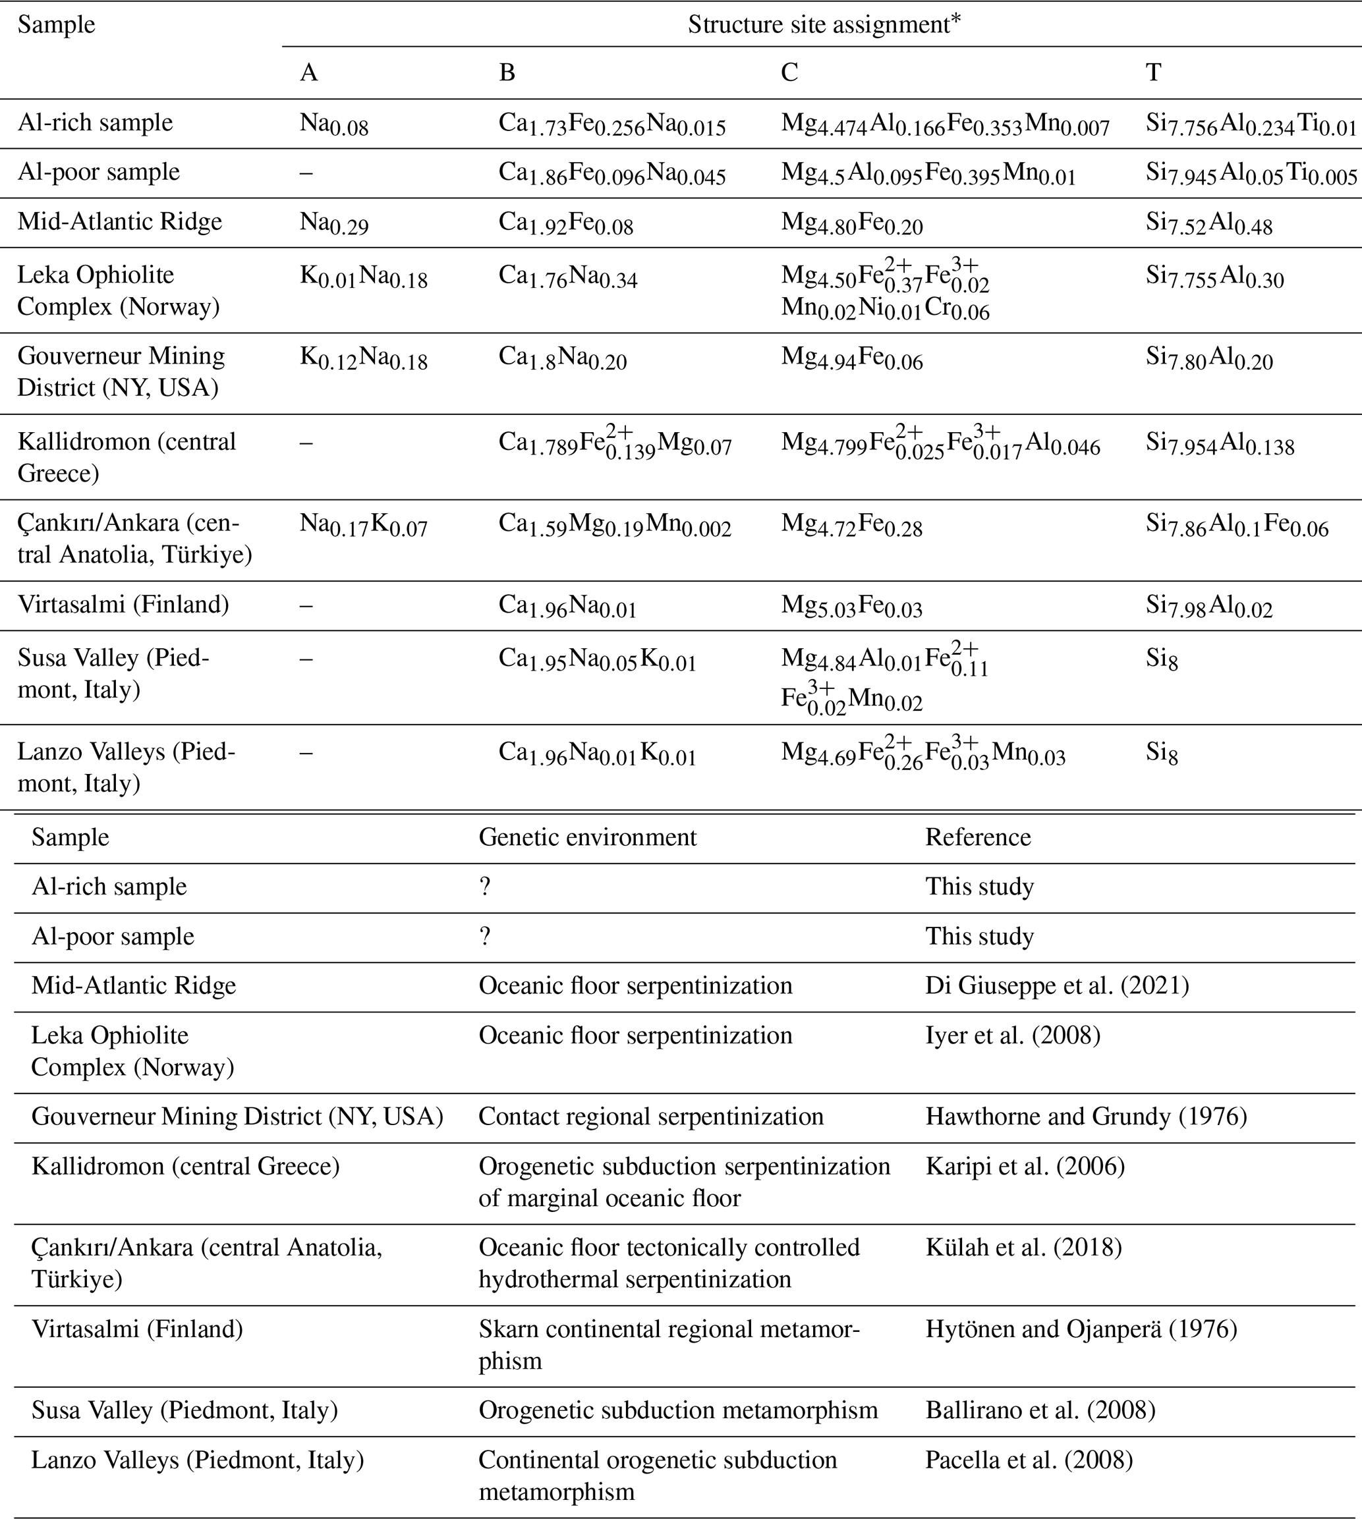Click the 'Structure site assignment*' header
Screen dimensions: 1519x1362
click(x=823, y=24)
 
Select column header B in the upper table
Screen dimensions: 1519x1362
click(x=507, y=72)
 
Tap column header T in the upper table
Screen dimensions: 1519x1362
click(x=1152, y=72)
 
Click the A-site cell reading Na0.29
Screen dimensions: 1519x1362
click(x=334, y=224)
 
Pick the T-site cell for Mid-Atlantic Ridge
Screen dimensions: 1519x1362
click(x=1208, y=224)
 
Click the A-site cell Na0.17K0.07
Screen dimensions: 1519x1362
click(x=363, y=526)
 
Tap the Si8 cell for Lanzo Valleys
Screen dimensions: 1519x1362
click(x=1162, y=754)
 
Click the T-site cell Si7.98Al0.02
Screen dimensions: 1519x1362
click(x=1208, y=605)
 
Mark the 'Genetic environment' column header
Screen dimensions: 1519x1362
click(x=588, y=837)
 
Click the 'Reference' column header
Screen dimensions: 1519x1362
click(x=978, y=837)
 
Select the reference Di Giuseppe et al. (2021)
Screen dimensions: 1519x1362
click(x=1057, y=985)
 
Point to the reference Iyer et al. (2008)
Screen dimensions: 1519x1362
click(x=1013, y=1036)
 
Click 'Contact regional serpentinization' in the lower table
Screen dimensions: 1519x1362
click(x=650, y=1117)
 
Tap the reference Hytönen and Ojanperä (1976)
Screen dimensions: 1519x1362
click(x=1081, y=1329)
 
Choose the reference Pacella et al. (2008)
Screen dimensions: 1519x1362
click(x=1029, y=1460)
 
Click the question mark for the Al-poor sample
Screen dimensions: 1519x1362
click(x=485, y=937)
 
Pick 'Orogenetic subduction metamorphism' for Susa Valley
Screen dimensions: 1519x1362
click(x=678, y=1410)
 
